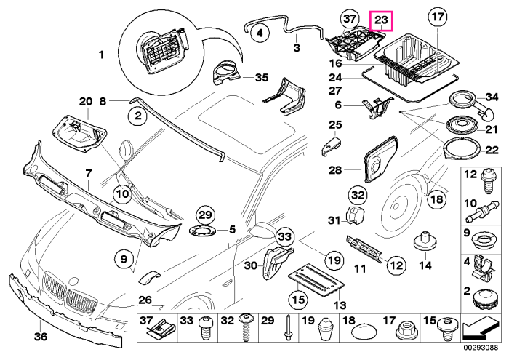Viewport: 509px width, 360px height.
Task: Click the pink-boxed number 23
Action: (382, 20)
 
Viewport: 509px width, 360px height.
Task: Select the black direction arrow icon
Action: (481, 329)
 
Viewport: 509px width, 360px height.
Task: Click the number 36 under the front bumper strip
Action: (41, 337)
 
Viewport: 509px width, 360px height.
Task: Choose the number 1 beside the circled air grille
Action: (101, 55)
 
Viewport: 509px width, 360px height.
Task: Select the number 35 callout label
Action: (262, 78)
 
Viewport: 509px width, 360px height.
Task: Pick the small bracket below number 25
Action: (331, 145)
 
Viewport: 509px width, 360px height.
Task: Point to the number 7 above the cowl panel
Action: (89, 173)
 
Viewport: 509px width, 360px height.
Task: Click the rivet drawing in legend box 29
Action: (288, 328)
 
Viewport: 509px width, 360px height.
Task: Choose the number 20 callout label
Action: (86, 102)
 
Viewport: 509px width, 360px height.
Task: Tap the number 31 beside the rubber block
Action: (334, 220)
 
